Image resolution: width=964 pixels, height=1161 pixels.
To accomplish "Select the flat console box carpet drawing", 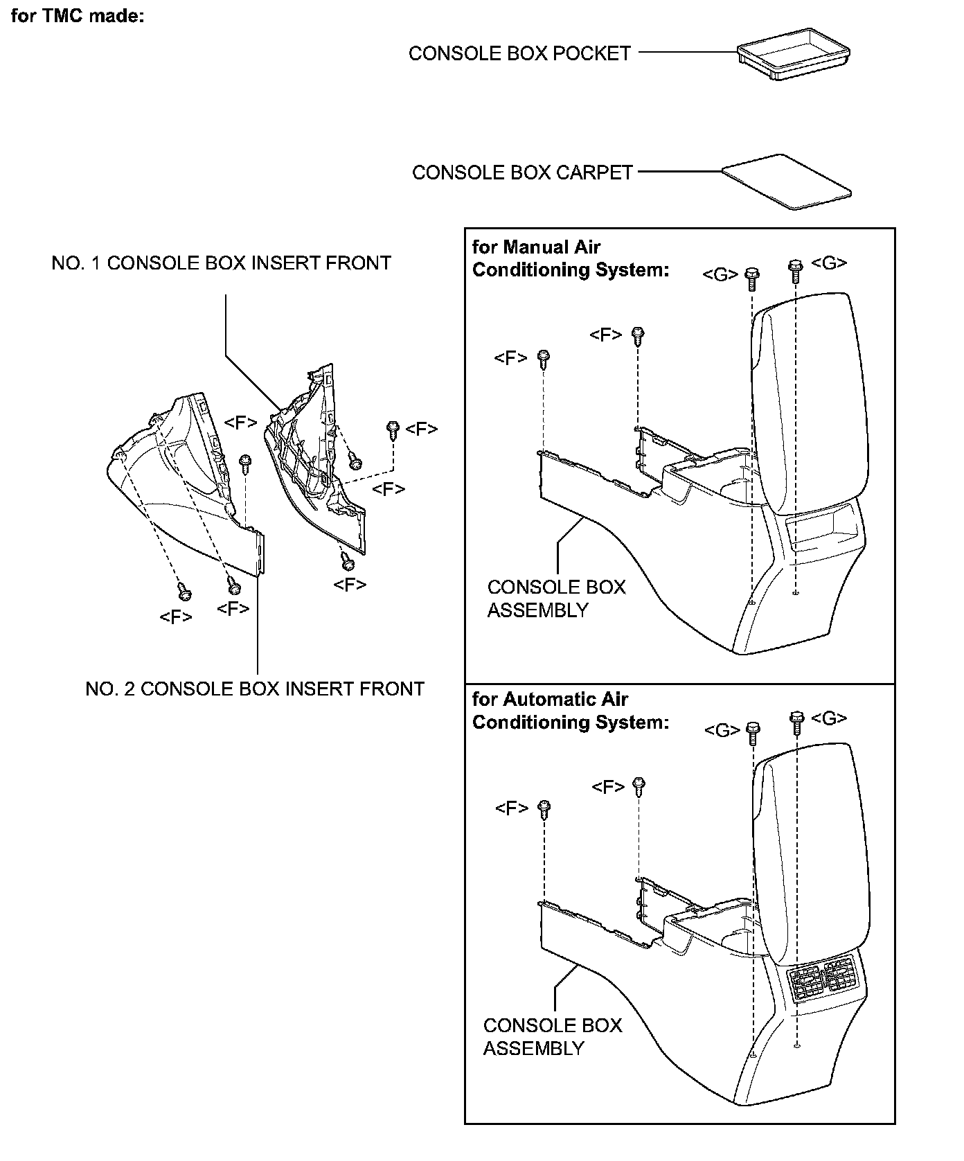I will coord(786,180).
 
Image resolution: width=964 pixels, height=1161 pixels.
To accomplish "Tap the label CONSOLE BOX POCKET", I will coord(519,53).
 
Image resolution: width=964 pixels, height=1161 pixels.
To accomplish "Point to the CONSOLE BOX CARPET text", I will coord(522,172).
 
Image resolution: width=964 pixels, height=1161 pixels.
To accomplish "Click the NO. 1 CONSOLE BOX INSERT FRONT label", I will coord(222,263).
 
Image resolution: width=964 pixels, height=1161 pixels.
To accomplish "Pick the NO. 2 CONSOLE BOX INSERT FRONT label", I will coord(255,689).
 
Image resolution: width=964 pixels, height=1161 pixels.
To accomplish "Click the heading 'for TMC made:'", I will coord(78,16).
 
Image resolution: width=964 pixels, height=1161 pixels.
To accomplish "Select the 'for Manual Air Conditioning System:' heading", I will coord(571,258).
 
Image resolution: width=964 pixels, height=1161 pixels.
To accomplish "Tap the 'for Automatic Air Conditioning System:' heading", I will coord(571,711).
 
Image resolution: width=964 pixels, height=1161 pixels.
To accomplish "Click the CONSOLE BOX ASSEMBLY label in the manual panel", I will coord(556,599).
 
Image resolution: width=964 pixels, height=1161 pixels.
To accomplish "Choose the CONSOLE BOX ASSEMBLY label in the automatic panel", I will coord(553,1037).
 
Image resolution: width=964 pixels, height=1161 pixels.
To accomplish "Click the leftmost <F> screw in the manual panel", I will coord(544,359).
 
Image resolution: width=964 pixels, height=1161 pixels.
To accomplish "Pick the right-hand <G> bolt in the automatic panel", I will coord(796,721).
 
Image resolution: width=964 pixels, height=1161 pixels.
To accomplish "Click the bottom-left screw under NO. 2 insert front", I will coord(184,592).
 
